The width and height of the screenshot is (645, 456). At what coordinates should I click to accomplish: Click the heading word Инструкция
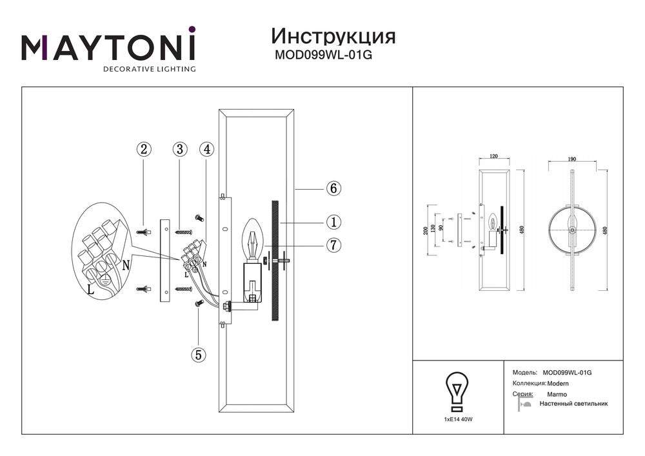coord(333,35)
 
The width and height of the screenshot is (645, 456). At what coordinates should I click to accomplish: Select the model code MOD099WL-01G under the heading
coord(323,55)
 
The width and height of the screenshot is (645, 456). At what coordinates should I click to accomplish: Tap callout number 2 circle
coord(144,149)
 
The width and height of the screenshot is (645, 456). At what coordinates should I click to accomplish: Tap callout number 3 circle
coord(179,149)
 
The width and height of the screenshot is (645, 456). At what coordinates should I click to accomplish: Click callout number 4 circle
coord(206,149)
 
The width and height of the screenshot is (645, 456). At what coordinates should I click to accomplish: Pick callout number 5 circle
coord(198,354)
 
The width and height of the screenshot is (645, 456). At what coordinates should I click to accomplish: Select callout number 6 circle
coord(333,189)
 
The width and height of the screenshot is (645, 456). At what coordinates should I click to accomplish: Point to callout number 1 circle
coord(333,223)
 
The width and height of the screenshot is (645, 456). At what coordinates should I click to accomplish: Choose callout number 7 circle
coord(333,245)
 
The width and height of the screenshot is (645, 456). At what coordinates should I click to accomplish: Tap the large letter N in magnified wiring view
coord(126,265)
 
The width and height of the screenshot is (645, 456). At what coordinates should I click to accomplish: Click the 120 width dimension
coord(494,157)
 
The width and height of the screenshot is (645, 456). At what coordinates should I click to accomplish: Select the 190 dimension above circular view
coord(571,157)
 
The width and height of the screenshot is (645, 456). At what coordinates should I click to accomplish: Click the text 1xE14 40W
coord(458,419)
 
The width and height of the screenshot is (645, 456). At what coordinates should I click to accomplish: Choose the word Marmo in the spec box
coord(557,393)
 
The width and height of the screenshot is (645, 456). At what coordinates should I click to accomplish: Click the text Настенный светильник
coord(573,404)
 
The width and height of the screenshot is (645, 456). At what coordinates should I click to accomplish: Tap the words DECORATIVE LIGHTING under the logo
coord(150,68)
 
